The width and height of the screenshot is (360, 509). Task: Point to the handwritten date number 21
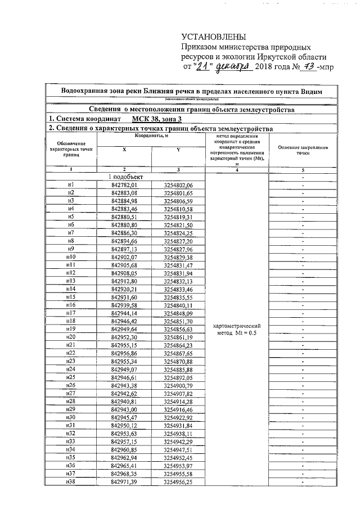click(203, 67)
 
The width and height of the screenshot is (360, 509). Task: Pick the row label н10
click(71, 257)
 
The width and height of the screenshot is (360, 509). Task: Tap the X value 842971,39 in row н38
click(124, 483)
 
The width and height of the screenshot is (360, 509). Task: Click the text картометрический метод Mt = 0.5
click(237, 330)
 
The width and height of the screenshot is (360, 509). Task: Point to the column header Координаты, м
click(151, 136)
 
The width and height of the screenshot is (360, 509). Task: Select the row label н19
click(71, 328)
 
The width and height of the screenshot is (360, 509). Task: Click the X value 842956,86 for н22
click(124, 353)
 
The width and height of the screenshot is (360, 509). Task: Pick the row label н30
click(71, 418)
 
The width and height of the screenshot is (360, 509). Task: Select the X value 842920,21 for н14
click(124, 289)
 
